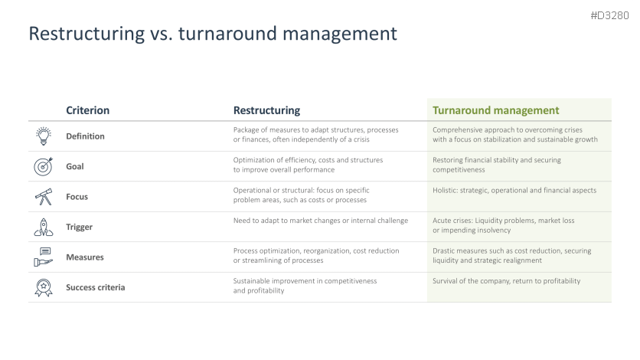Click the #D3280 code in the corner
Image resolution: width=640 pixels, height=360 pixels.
tap(609, 15)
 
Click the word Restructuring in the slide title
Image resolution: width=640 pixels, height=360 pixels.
tap(87, 34)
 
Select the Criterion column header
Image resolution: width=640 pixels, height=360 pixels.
tap(88, 110)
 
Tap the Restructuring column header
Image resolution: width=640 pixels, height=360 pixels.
tap(266, 110)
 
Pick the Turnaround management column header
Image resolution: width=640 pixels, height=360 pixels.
tap(495, 110)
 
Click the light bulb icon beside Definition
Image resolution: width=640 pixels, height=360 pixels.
tap(44, 136)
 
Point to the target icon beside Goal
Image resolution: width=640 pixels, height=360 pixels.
tap(44, 166)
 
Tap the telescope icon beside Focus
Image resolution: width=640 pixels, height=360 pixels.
tap(44, 196)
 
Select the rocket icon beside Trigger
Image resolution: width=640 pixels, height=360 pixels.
tap(44, 227)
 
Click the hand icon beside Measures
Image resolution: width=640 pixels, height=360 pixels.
tap(44, 257)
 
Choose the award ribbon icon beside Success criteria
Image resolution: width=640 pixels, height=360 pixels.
tap(44, 287)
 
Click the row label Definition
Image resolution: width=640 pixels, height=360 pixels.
tap(85, 136)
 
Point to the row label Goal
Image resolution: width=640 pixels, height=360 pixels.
tap(75, 166)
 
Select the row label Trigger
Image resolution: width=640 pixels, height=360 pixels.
tap(79, 227)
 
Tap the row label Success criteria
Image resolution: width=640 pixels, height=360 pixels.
tap(96, 287)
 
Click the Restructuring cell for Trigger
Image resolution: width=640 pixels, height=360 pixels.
tap(321, 221)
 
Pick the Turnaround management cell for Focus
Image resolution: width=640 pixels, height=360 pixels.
tap(514, 190)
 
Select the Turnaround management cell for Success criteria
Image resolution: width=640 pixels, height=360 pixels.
tap(506, 281)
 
